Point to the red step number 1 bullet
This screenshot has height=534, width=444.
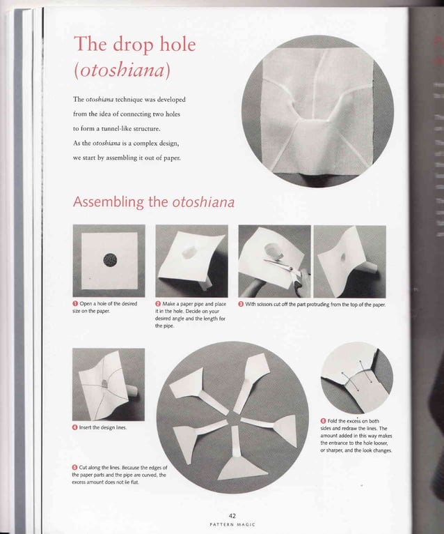click(76, 304)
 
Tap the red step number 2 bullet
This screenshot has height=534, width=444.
click(159, 304)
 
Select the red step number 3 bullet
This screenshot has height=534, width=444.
click(241, 304)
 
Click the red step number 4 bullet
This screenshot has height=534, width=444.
click(76, 427)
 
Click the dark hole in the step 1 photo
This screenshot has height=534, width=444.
click(109, 260)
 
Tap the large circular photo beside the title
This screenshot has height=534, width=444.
click(311, 112)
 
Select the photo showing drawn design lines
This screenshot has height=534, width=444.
click(108, 383)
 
